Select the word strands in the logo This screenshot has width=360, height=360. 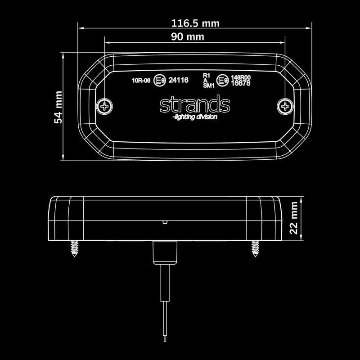(194, 104)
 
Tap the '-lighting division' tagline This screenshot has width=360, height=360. (194, 117)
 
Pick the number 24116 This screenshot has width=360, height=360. (178, 81)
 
